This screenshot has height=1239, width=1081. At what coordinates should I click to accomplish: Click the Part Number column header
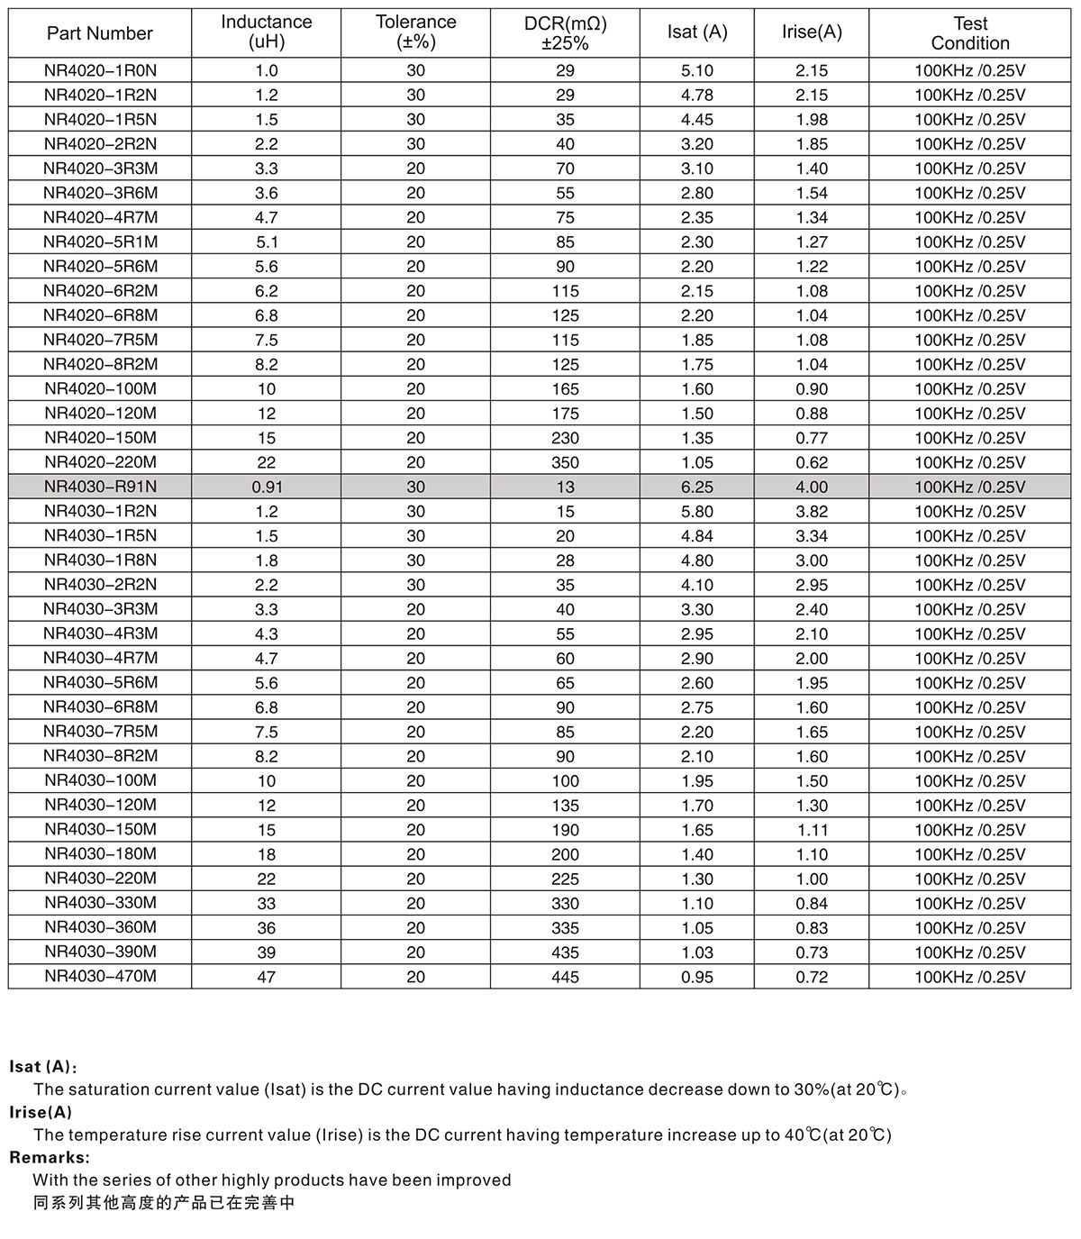point(100,33)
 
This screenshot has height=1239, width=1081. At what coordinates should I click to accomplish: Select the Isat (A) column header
point(697,32)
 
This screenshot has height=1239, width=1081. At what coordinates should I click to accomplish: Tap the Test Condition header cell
point(970,33)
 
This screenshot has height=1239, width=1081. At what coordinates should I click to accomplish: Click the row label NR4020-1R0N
point(100,70)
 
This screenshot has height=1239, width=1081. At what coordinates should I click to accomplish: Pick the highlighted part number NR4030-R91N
point(100,487)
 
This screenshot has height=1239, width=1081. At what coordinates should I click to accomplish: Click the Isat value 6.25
point(697,487)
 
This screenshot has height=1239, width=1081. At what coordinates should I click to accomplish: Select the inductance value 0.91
point(267,487)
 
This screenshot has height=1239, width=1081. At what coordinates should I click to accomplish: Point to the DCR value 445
point(566,977)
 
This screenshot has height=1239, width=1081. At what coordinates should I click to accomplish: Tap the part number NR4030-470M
point(100,976)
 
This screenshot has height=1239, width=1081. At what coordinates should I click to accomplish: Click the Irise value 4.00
point(812,487)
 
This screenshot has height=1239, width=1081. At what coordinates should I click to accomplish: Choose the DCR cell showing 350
point(566,462)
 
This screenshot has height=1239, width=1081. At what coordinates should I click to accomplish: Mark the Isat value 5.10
point(697,70)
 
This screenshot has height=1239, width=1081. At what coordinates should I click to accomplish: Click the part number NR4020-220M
point(100,462)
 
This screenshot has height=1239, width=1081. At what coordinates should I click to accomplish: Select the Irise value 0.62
point(812,462)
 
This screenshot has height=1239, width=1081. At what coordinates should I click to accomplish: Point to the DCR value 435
point(566,952)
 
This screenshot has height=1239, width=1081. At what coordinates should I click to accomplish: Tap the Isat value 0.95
point(697,977)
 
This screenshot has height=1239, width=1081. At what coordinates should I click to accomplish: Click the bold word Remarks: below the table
point(50,1157)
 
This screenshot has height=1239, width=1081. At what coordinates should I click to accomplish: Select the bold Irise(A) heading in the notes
point(41,1112)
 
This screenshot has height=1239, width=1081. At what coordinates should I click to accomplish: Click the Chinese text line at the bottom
point(164,1203)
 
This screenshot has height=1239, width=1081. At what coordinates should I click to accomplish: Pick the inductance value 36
point(267,928)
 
